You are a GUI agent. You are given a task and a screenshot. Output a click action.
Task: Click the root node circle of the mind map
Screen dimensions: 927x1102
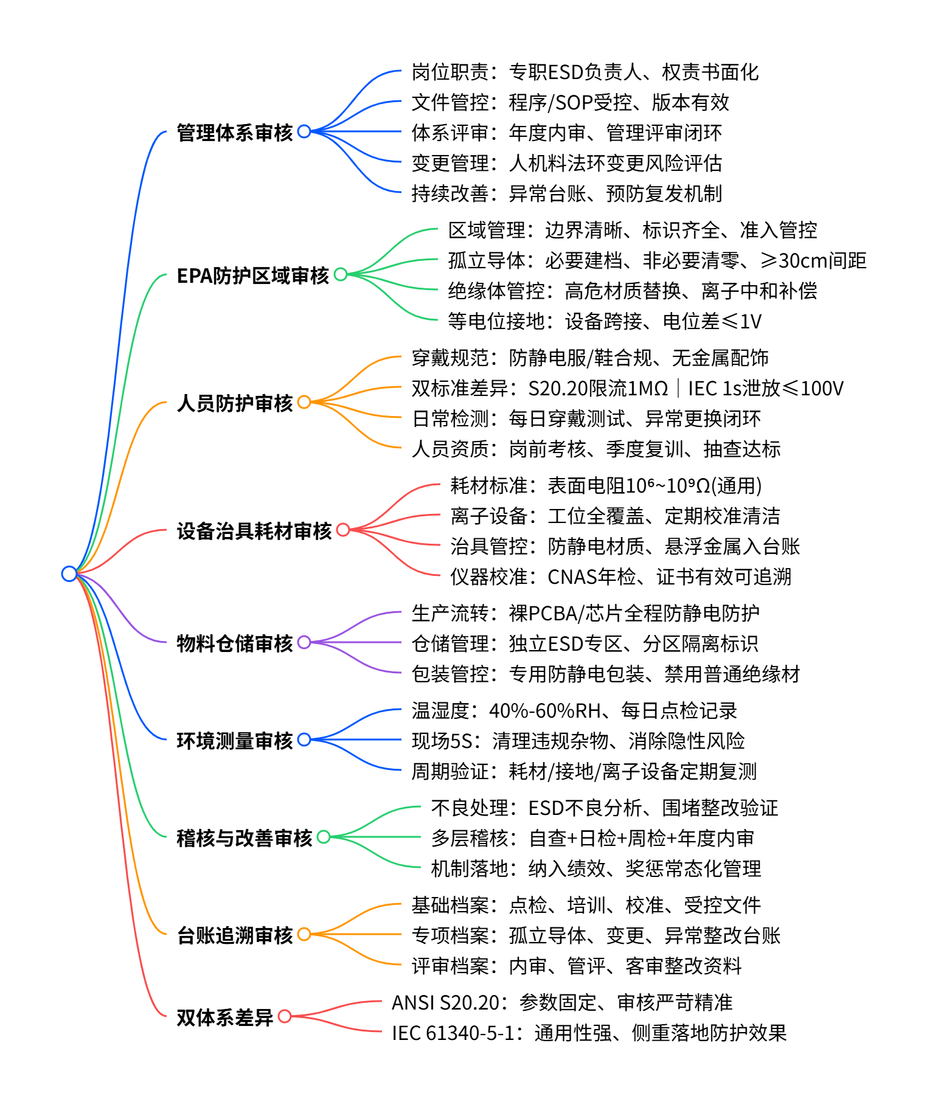click(x=69, y=574)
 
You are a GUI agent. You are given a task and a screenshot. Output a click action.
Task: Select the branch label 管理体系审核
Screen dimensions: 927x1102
click(x=235, y=132)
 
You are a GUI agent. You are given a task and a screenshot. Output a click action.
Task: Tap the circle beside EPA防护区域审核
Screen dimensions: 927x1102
click(x=341, y=274)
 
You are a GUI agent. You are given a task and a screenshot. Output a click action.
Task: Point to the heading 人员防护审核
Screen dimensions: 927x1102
click(x=235, y=403)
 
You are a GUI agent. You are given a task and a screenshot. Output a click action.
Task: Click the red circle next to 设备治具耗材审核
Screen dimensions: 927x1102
click(x=343, y=530)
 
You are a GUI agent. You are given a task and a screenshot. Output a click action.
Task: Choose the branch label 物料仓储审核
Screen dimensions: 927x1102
click(x=235, y=643)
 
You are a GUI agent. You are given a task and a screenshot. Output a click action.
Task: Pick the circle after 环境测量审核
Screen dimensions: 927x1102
click(x=304, y=740)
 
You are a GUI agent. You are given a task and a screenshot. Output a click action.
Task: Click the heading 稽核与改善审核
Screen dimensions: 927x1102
click(x=245, y=837)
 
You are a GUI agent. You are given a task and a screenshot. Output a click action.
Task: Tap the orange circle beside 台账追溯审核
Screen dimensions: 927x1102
click(x=304, y=934)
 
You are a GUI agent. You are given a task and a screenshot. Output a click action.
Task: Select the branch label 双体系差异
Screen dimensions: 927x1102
click(x=225, y=1017)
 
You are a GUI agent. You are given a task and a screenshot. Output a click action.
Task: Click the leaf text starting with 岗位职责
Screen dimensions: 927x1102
click(x=585, y=72)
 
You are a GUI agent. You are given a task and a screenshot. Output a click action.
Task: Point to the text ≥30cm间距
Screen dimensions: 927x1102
click(x=813, y=261)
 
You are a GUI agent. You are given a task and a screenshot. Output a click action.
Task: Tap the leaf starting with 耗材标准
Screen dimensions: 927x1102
click(x=606, y=486)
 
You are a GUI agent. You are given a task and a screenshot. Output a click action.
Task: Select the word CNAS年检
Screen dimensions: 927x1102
click(x=592, y=577)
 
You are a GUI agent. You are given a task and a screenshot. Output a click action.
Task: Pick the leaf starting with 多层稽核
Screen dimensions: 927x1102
click(x=592, y=839)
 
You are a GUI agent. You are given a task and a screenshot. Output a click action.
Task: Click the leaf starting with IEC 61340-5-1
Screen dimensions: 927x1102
click(x=589, y=1033)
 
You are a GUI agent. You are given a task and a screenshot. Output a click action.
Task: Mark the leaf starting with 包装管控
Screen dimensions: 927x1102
click(x=606, y=674)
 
